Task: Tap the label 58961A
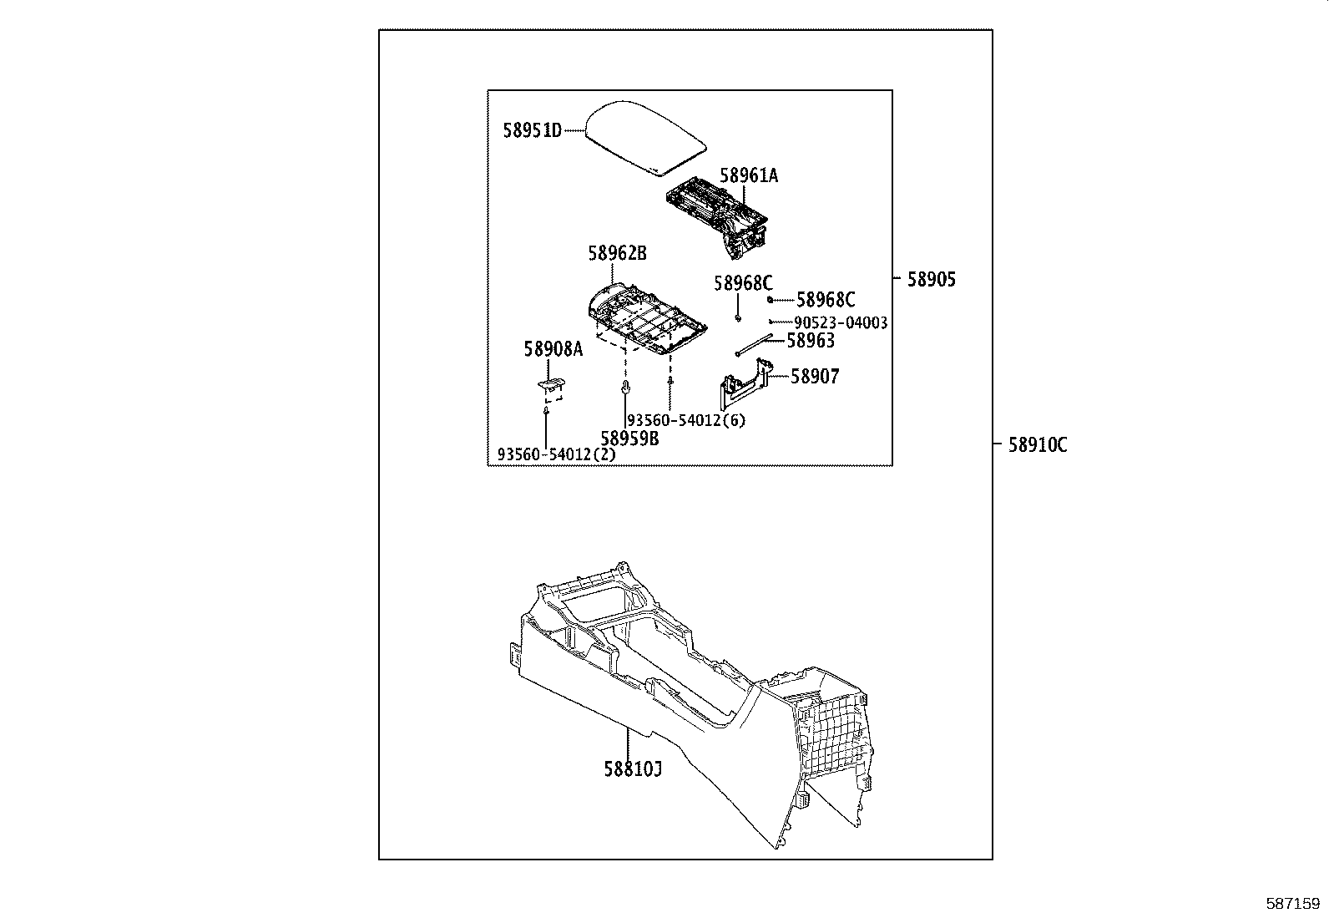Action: [x=749, y=175]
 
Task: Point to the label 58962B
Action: [x=617, y=252]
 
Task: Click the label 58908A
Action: [x=553, y=349]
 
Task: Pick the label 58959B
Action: [x=629, y=438]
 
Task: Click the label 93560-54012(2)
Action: [x=556, y=454]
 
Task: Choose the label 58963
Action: [x=811, y=341]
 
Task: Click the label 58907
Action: [x=815, y=377]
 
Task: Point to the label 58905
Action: [x=932, y=280]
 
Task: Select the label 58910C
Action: [x=1038, y=445]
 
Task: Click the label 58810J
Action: [x=633, y=768]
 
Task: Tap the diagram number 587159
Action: [x=1293, y=903]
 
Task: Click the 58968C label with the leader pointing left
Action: [x=826, y=300]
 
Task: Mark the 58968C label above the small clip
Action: [x=743, y=283]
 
